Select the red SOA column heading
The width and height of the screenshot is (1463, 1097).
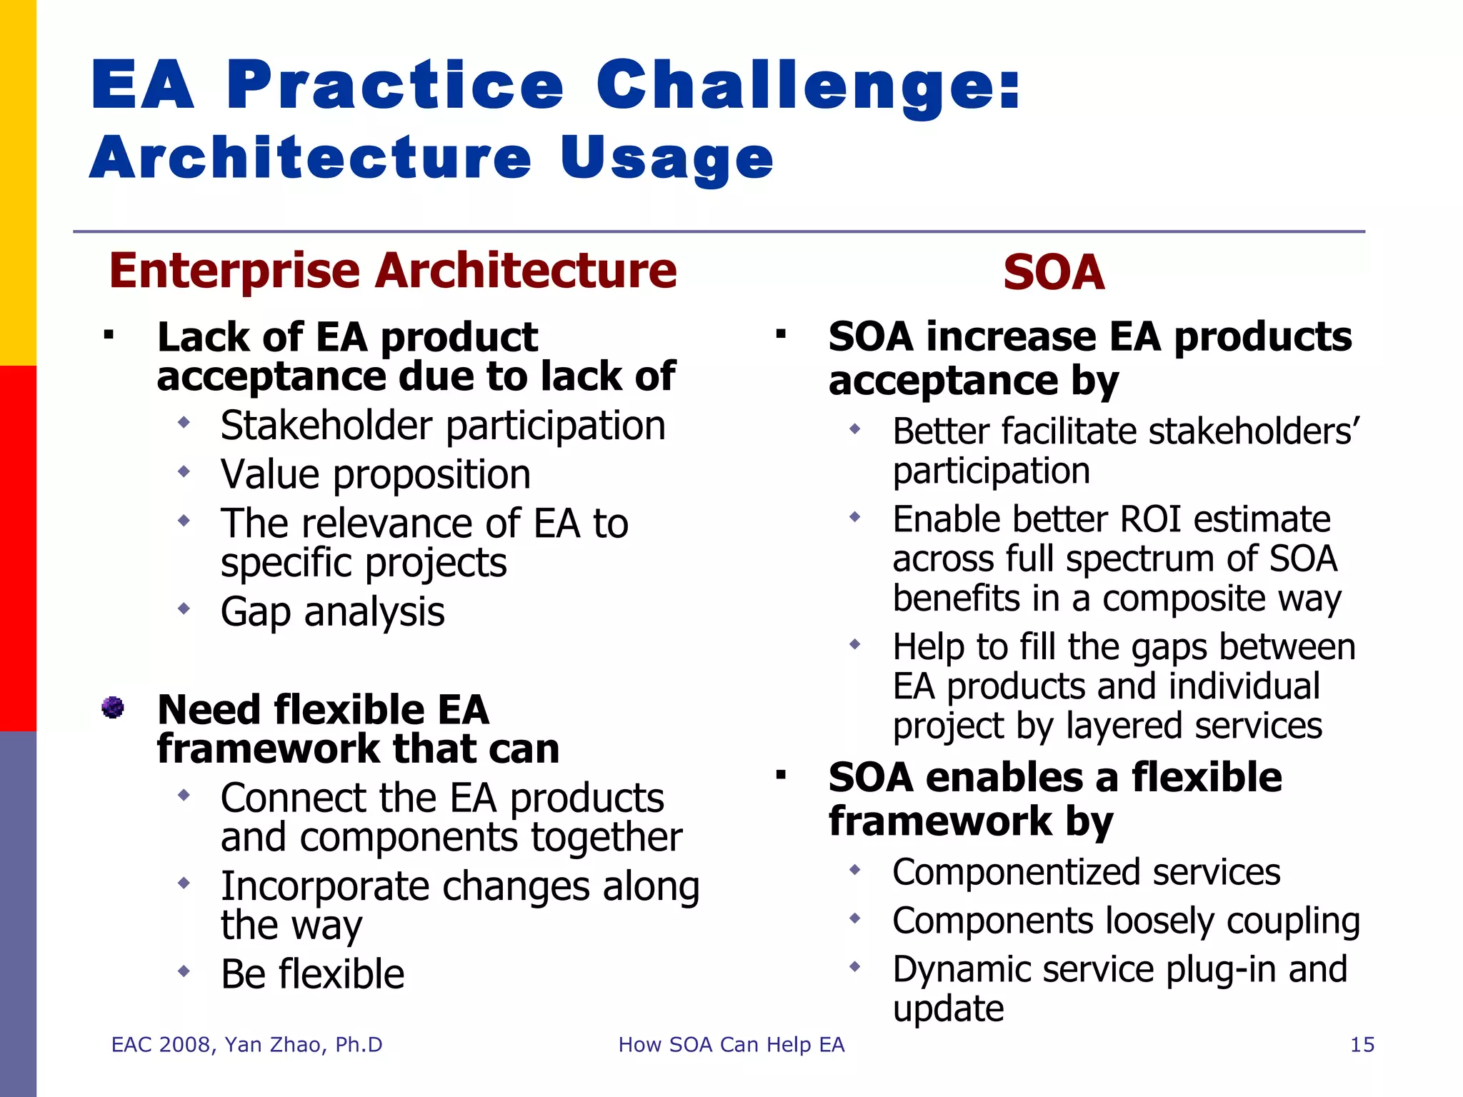1053,273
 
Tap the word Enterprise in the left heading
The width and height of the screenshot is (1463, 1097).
234,271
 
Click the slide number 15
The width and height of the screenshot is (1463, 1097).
1362,1045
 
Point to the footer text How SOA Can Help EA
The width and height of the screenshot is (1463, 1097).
731,1045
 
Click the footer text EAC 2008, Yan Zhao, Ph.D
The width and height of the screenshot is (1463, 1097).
246,1045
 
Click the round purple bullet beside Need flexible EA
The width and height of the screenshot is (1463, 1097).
112,707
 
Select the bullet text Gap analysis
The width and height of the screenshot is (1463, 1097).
332,612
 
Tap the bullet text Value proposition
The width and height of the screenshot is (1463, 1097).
375,475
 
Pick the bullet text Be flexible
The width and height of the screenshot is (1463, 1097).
312,974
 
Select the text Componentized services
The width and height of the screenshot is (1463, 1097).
1086,873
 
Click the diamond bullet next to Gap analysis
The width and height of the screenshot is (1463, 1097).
184,608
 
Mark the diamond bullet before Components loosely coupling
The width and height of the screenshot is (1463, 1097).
854,918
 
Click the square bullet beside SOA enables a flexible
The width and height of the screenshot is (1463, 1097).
781,776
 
